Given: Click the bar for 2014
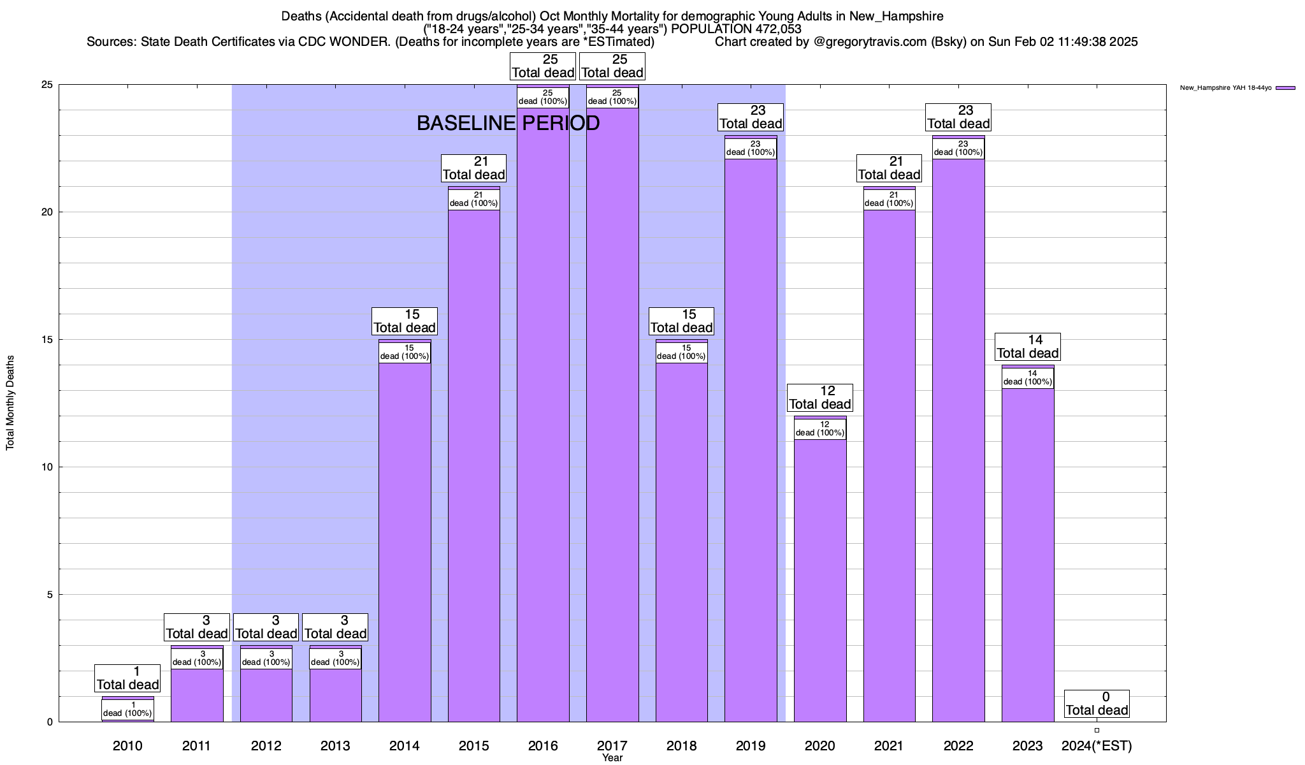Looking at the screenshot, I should tap(405, 542).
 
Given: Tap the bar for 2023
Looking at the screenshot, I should tap(1028, 555).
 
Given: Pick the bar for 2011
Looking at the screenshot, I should tap(197, 695).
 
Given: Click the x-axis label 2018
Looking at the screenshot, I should tap(681, 745).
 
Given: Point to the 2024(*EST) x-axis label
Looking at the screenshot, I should tap(1097, 745).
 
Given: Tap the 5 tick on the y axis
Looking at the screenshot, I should tap(50, 595).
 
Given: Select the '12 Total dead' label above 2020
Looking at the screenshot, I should tap(820, 398).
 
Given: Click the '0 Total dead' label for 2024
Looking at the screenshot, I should tap(1097, 704).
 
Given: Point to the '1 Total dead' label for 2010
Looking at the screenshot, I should tap(127, 678).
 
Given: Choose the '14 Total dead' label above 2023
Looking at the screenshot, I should tap(1028, 347).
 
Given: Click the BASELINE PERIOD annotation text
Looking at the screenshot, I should tap(508, 123).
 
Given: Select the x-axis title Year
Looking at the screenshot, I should tap(612, 758).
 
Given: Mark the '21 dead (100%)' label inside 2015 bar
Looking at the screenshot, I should tap(474, 200).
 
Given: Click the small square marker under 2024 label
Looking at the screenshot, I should tap(1097, 731).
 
